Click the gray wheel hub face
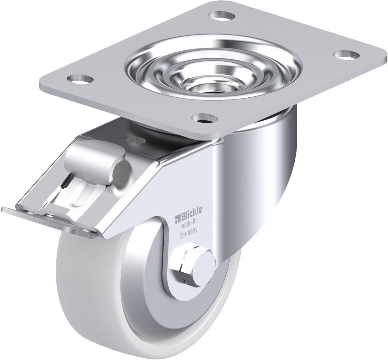click(x=142, y=291)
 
